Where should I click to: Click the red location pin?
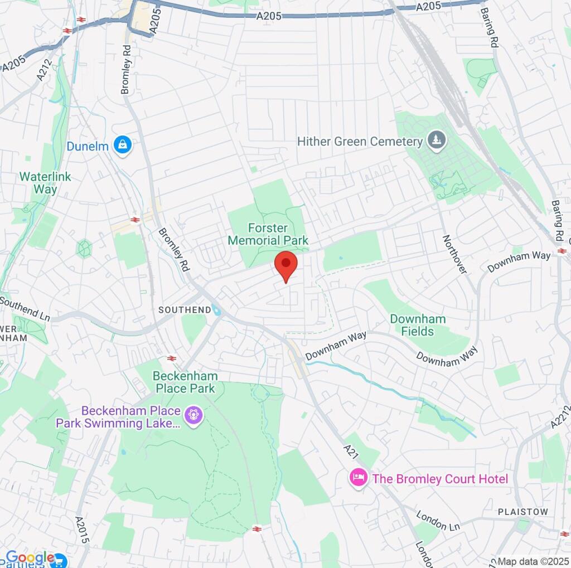[286, 264]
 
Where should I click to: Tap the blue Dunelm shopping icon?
[122, 145]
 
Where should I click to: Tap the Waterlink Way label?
[45, 183]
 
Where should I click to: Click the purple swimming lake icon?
[193, 415]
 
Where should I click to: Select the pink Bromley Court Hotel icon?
[357, 478]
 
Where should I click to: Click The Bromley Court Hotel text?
[440, 479]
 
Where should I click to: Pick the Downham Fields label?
[418, 325]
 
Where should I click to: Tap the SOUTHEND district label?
[185, 309]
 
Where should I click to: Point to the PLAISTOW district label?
[523, 512]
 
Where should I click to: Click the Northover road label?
[454, 254]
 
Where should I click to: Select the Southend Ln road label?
[25, 309]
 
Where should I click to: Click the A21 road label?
[350, 450]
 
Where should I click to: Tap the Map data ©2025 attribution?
[533, 561]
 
